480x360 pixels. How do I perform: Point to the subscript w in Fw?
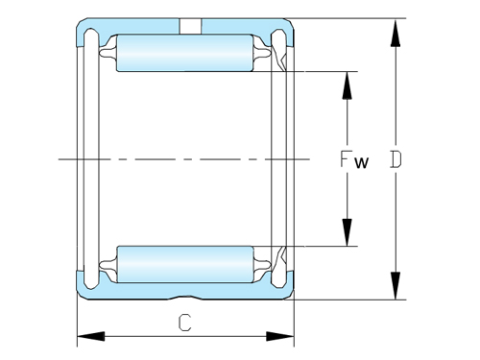click(x=360, y=162)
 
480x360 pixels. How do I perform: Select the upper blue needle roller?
click(x=182, y=53)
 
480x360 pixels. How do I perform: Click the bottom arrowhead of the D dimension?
click(x=395, y=287)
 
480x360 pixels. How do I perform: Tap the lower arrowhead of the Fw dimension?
click(x=347, y=234)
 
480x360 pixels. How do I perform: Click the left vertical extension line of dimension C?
click(x=77, y=322)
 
